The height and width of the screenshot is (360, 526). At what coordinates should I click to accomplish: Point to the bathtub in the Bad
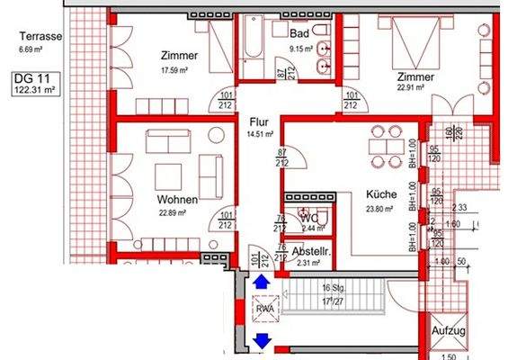[x=254, y=49]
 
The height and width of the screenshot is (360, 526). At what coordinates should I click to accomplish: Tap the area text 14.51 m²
[x=260, y=132]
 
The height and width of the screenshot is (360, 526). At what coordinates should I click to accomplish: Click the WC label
[x=309, y=218]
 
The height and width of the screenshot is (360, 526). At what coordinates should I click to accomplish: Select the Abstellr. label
[x=310, y=251]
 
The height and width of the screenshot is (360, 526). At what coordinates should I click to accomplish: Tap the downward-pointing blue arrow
[x=262, y=339]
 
